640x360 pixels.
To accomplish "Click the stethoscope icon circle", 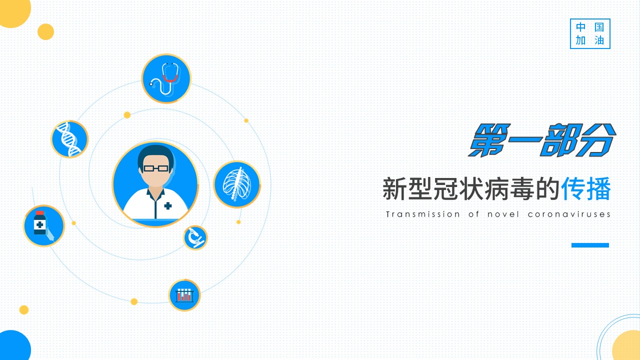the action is point(166,78).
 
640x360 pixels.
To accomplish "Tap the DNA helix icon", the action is point(69,139).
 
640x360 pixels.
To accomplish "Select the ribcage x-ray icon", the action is point(237,184).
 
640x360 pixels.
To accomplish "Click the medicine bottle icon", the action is point(43,225).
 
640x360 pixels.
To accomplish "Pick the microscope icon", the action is point(195,237).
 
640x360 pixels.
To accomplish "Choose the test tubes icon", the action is point(184,295).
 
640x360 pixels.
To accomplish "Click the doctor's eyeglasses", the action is point(155,168).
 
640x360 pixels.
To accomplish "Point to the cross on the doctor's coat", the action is point(168,205).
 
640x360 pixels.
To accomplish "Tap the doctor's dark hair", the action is point(155,155).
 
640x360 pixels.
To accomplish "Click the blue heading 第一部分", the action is point(542,140).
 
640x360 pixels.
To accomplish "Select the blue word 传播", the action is point(586,189).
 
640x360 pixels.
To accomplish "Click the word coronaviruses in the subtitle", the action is point(569,214).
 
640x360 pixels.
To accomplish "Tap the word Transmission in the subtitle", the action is point(423,214).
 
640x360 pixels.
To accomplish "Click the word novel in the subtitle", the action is point(503,214).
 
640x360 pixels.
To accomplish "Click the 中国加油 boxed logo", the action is point(590,33).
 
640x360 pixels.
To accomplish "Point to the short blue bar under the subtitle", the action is point(590,245).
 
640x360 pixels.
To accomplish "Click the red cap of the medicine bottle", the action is point(39,213).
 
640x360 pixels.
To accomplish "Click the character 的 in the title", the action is point(547,189).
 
